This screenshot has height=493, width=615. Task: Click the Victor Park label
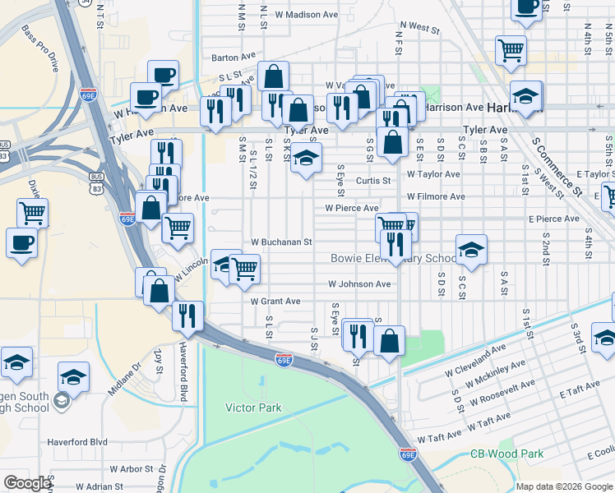point(253,408)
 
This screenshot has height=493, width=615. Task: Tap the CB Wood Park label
point(507,454)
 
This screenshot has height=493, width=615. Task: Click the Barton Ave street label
point(234,58)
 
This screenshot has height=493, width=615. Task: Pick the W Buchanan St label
point(281,242)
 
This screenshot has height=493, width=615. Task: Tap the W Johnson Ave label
point(359,284)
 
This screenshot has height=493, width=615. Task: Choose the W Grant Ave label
point(275,302)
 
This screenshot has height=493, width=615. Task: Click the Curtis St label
point(372,181)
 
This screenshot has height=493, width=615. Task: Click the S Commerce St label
point(556,168)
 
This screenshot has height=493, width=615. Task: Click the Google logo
point(27,483)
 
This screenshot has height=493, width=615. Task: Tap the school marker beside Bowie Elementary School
point(472,250)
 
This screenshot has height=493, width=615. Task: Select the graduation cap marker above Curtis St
point(306,158)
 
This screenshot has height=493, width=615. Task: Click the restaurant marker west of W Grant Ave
point(187,315)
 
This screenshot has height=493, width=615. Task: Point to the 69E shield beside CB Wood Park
point(408,454)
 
